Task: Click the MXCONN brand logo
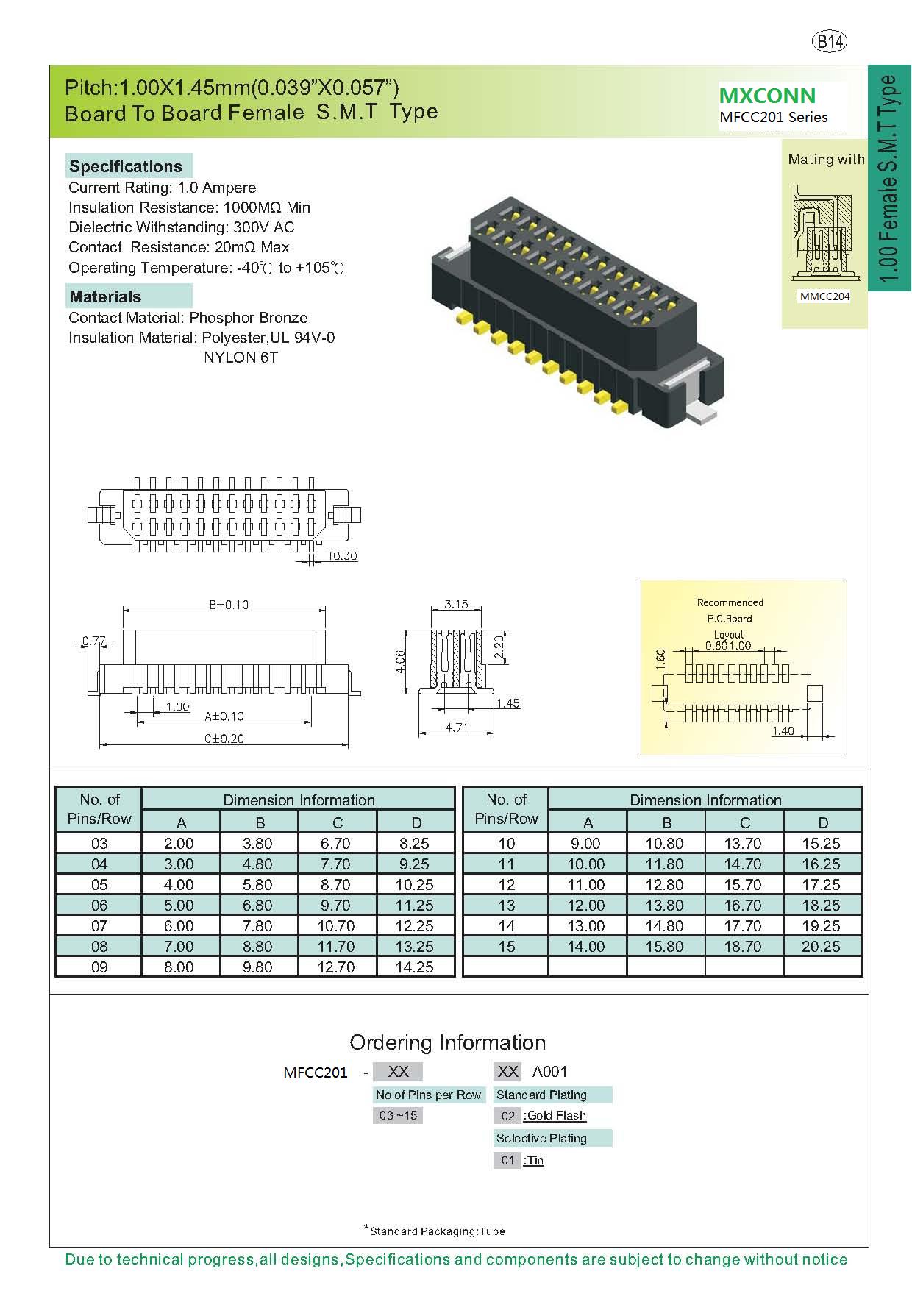click(767, 96)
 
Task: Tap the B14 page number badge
click(830, 42)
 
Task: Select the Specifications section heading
click(126, 166)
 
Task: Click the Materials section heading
click(105, 296)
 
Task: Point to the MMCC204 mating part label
click(824, 296)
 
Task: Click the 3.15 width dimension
click(456, 604)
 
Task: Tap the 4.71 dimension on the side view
click(456, 728)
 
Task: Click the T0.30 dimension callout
click(342, 556)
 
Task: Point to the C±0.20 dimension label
click(224, 738)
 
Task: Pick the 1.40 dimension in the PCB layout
click(783, 730)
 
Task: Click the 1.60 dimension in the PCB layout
click(660, 658)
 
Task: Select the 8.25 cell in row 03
click(415, 844)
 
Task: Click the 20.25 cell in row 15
click(821, 947)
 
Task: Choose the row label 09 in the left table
click(99, 967)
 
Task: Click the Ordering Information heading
click(448, 1042)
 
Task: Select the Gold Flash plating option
click(555, 1116)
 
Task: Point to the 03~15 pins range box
click(398, 1115)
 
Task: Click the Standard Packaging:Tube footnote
click(435, 1231)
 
